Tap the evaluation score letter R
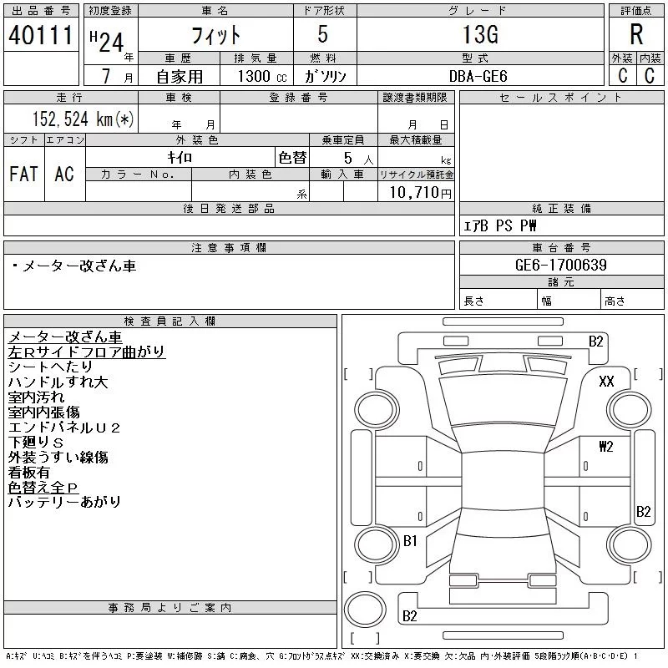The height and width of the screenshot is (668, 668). [x=635, y=35]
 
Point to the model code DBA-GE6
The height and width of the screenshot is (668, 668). [x=483, y=76]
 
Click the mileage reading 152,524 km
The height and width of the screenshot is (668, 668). [x=81, y=119]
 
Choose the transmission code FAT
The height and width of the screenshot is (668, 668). [x=23, y=174]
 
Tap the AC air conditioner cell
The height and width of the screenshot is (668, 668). [x=64, y=174]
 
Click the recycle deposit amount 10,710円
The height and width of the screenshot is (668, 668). [x=416, y=193]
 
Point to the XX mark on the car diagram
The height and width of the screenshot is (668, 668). [x=607, y=381]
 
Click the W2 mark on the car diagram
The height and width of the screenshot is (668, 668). [x=605, y=447]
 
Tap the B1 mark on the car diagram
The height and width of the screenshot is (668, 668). [x=410, y=541]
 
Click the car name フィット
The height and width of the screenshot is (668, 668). [x=215, y=35]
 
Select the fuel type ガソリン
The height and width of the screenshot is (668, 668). [x=326, y=76]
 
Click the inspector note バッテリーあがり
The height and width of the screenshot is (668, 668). [x=64, y=502]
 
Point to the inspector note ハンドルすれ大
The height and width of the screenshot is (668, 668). [x=58, y=382]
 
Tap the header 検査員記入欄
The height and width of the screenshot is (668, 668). [x=170, y=321]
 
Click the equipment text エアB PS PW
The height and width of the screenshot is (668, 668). [x=500, y=225]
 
